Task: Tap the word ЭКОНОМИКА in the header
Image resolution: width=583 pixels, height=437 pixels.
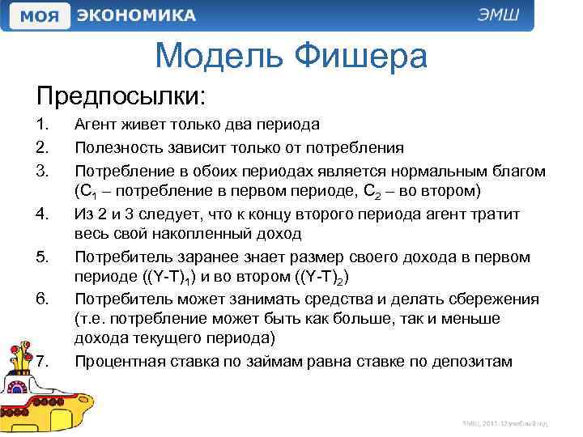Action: [x=136, y=16]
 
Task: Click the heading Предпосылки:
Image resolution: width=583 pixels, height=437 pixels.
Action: [x=121, y=97]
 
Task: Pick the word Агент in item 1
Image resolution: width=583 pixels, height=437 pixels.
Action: [x=96, y=125]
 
